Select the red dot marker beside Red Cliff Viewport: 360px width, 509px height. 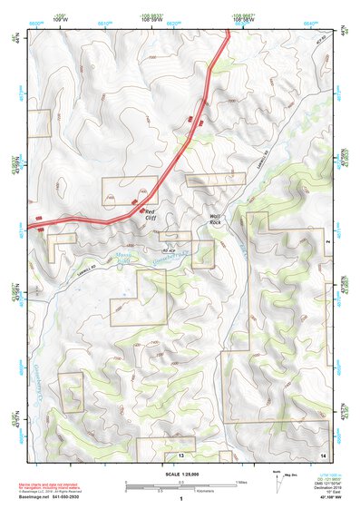point(141,210)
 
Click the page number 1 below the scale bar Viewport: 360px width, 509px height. point(180,500)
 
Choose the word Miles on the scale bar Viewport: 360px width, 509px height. point(242,482)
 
